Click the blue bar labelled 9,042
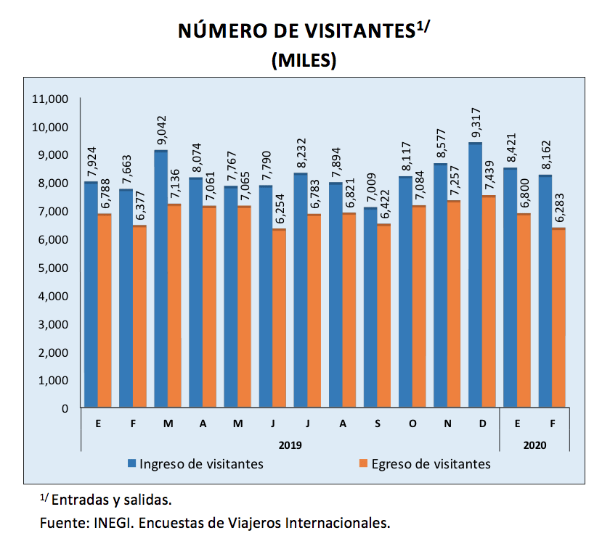point(160,279)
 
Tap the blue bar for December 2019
point(476,276)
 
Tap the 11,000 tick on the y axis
point(52,99)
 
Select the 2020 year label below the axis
point(534,443)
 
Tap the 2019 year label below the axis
point(290,443)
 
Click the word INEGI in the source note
point(106,522)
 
